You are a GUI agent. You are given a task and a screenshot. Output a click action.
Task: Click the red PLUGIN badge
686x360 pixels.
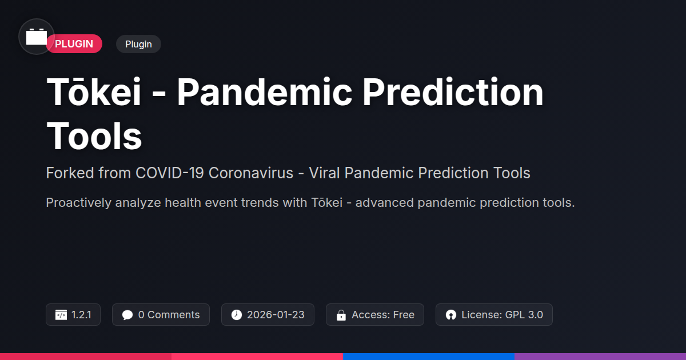[74, 44]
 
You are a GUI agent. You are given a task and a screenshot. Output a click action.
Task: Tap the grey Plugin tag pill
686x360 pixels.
[138, 44]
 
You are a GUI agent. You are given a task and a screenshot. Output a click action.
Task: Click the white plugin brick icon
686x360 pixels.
[37, 37]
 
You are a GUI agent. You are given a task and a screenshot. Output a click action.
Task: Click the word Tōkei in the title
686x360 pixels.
[94, 92]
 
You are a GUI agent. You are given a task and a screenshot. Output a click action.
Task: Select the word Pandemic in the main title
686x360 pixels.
[265, 92]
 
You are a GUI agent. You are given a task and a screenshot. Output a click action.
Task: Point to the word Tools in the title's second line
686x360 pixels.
[94, 136]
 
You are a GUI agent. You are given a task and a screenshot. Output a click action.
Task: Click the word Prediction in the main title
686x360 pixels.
[453, 92]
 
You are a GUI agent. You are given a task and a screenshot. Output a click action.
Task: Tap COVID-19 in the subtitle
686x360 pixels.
[170, 173]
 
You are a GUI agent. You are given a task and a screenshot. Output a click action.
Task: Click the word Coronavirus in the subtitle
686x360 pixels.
[251, 173]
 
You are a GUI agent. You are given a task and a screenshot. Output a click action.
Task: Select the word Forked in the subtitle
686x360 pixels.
[70, 173]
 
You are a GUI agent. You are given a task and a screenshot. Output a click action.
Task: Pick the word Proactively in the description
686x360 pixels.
[78, 203]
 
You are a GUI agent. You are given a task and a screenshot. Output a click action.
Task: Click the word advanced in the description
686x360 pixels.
[384, 203]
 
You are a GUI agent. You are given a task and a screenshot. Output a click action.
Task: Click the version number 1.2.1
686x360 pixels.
[81, 315]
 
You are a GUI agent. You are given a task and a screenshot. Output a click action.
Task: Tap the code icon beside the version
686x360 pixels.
[61, 315]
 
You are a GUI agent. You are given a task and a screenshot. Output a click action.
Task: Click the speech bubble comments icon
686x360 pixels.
[127, 315]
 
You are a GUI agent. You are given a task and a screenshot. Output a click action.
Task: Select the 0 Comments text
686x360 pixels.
[169, 315]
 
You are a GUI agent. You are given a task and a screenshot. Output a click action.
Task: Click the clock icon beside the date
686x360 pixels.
[237, 315]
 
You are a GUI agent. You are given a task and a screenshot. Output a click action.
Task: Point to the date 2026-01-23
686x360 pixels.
[276, 315]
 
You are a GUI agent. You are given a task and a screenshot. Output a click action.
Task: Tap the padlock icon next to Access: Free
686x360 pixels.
[341, 315]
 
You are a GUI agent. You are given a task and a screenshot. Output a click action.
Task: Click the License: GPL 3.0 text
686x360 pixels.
[502, 315]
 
